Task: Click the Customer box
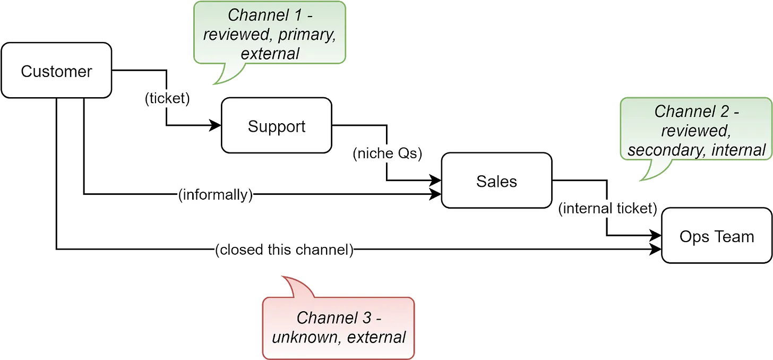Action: [56, 71]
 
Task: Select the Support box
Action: [277, 126]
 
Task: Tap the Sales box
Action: [496, 182]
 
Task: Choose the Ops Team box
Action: [717, 236]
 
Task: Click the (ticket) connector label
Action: [167, 99]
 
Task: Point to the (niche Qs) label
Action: [387, 153]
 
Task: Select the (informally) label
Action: [214, 195]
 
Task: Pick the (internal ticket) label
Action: [607, 208]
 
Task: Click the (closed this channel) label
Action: [284, 250]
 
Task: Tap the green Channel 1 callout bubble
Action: [270, 33]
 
